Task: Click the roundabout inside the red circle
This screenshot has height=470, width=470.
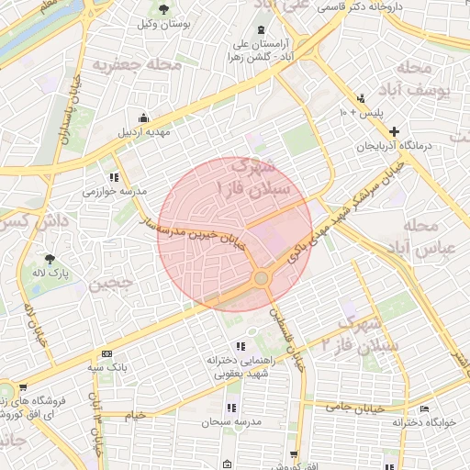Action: coord(262,276)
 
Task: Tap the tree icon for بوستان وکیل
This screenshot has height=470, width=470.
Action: coord(163,10)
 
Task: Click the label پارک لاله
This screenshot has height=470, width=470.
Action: coord(52,274)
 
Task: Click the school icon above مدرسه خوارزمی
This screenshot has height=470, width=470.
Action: coord(114,177)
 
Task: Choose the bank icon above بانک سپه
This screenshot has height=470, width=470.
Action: coord(107,353)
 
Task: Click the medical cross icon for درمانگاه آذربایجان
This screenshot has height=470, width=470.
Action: coord(395,132)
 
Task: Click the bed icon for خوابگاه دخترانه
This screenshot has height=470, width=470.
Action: coord(423,409)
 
